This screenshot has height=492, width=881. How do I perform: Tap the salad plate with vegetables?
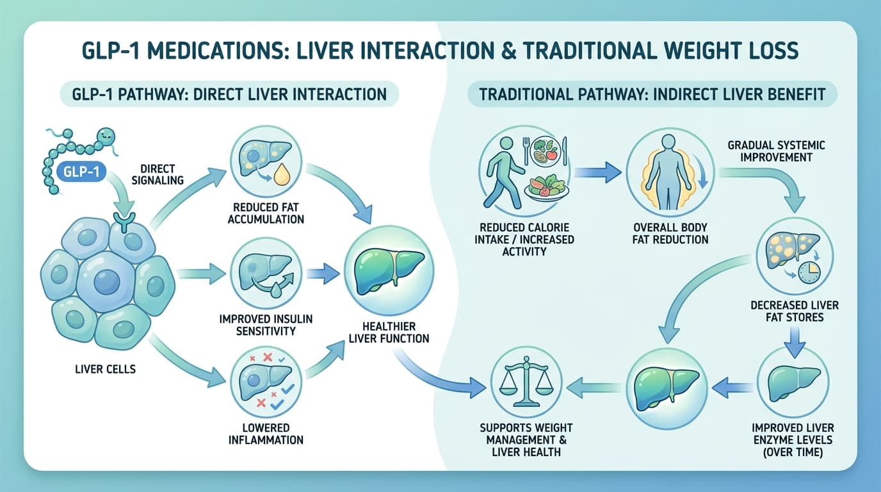(x=546, y=186)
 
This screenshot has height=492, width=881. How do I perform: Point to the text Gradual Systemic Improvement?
(x=776, y=151)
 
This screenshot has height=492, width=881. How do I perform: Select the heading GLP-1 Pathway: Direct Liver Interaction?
(x=229, y=95)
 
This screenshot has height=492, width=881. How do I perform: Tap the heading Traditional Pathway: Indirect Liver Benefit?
(x=652, y=95)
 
